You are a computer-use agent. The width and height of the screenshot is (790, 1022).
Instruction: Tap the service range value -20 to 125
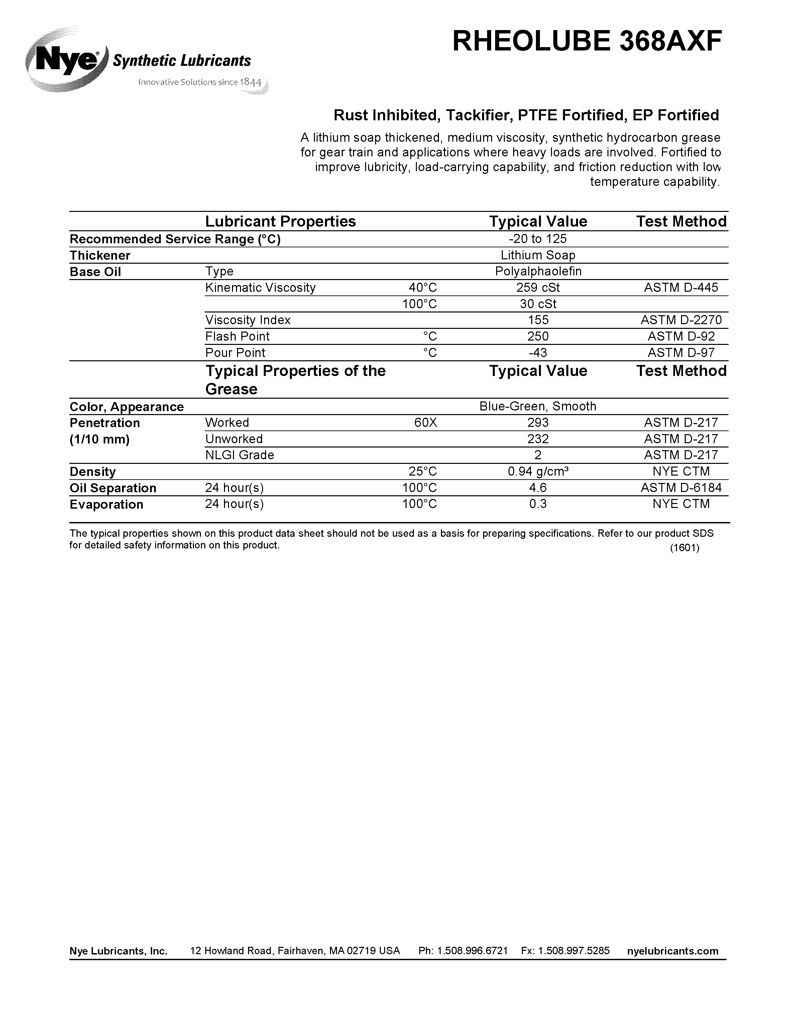pos(538,239)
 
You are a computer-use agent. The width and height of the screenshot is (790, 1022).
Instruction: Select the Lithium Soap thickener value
pos(538,255)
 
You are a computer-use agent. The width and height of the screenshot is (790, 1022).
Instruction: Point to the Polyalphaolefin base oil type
pos(538,271)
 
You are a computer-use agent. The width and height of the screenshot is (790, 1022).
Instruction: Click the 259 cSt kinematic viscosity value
pos(538,287)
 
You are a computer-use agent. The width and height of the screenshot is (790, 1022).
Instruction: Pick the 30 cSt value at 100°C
pos(538,304)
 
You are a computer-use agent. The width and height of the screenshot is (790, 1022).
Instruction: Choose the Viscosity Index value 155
pos(538,320)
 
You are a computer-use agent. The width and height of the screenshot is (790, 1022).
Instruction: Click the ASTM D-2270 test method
pos(681,320)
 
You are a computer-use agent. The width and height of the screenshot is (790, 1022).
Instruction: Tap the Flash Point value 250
pos(538,337)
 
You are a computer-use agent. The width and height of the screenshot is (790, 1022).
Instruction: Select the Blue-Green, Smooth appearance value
pos(538,406)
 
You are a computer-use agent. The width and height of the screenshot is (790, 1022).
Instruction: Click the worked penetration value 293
pos(538,422)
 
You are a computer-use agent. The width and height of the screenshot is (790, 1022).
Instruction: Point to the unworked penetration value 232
pos(538,439)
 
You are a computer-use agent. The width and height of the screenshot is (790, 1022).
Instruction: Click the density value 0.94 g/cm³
pos(538,471)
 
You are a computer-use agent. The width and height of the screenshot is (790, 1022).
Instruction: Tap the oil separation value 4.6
pos(538,488)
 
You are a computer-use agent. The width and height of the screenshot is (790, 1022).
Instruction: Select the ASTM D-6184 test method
pos(681,488)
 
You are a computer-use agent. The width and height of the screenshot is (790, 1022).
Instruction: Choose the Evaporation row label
pos(106,504)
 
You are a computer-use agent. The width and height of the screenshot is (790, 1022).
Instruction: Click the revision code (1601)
pos(684,548)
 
